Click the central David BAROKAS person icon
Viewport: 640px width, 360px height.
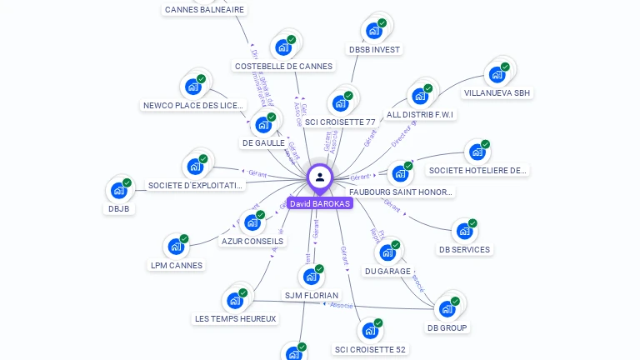tap(320, 177)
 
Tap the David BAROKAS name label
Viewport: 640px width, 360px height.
tap(320, 203)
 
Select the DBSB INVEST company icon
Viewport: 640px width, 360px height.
tap(374, 31)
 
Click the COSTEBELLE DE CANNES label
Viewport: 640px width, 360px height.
tap(283, 66)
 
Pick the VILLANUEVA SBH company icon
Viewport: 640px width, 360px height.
tap(497, 74)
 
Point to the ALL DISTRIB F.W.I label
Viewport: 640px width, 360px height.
tap(421, 114)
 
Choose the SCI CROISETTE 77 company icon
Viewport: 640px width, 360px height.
tap(340, 103)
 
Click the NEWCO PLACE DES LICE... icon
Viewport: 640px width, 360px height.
tap(193, 87)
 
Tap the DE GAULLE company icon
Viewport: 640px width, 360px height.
tap(263, 125)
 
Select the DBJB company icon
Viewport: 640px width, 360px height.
tap(119, 190)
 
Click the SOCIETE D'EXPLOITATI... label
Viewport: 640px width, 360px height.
tap(195, 185)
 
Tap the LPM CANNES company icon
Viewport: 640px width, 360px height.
tap(176, 247)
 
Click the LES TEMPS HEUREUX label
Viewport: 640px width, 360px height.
tap(235, 318)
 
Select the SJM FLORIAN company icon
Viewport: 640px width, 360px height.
tap(311, 277)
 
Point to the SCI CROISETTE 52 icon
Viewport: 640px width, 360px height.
tap(369, 331)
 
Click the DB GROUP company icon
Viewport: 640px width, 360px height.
tap(447, 309)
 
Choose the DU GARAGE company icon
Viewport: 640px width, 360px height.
tap(387, 252)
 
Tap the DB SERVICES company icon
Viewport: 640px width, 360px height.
tap(464, 231)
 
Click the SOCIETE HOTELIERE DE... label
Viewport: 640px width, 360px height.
tap(478, 170)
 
